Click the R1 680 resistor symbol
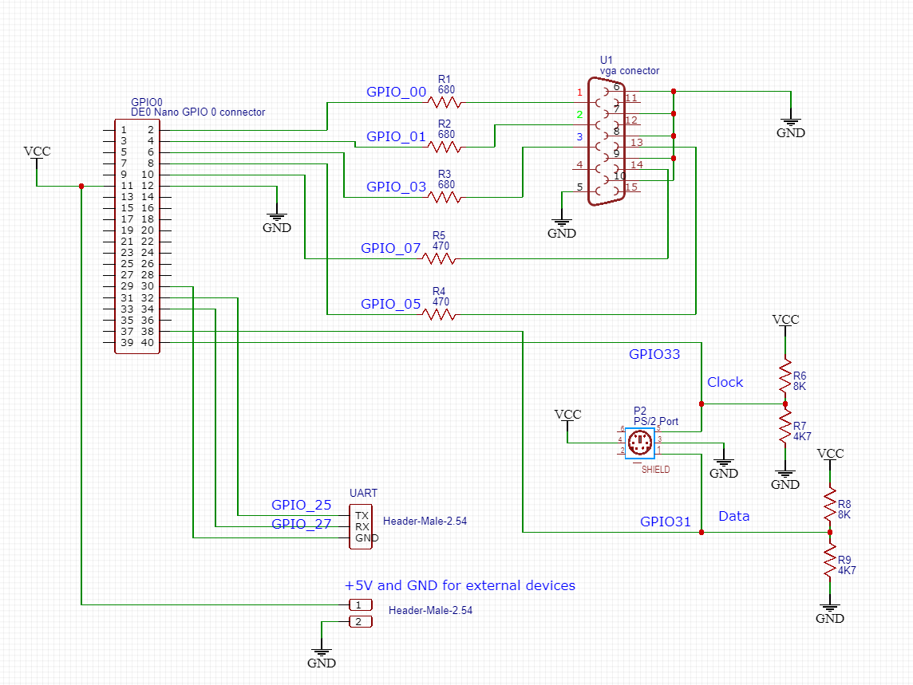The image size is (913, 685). pyautogui.click(x=445, y=102)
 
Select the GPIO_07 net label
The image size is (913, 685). pyautogui.click(x=390, y=248)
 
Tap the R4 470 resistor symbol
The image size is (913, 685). pyautogui.click(x=441, y=315)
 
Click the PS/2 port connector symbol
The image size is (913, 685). pyautogui.click(x=639, y=443)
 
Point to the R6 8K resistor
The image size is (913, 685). pyautogui.click(x=785, y=376)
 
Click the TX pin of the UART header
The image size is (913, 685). pyautogui.click(x=362, y=515)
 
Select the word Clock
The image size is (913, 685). pyautogui.click(x=725, y=382)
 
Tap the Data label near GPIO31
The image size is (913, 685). pyautogui.click(x=734, y=516)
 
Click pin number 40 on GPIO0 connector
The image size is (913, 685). pyautogui.click(x=148, y=343)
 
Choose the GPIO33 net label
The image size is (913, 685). pyautogui.click(x=654, y=354)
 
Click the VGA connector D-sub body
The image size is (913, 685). pyautogui.click(x=605, y=142)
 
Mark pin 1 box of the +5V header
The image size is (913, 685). pyautogui.click(x=360, y=605)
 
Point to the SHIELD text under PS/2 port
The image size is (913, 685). pyautogui.click(x=655, y=470)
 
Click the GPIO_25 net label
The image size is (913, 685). pyautogui.click(x=301, y=505)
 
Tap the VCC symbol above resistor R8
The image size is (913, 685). pyautogui.click(x=830, y=454)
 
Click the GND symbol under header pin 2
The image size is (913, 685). pyautogui.click(x=322, y=659)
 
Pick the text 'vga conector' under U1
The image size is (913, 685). pyautogui.click(x=630, y=71)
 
